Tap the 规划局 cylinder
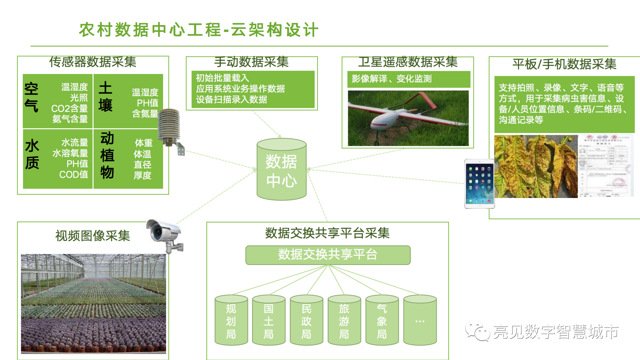pyautogui.click(x=231, y=320)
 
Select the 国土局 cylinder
pyautogui.click(x=269, y=320)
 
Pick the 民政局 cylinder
pyautogui.click(x=306, y=320)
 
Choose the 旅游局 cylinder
pyautogui.click(x=344, y=320)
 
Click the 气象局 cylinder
pyautogui.click(x=382, y=320)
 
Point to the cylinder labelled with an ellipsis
pyautogui.click(x=420, y=320)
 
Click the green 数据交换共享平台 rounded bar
pyautogui.click(x=328, y=255)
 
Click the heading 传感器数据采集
pyautogui.click(x=93, y=62)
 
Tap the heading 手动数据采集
pyautogui.click(x=251, y=62)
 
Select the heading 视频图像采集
pyautogui.click(x=93, y=236)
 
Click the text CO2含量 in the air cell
pyautogui.click(x=69, y=109)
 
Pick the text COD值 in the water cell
pyautogui.click(x=74, y=175)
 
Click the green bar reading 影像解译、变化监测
pyautogui.click(x=408, y=79)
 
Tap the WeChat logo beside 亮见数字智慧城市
pyautogui.click(x=477, y=331)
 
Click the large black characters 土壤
pyautogui.click(x=105, y=96)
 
